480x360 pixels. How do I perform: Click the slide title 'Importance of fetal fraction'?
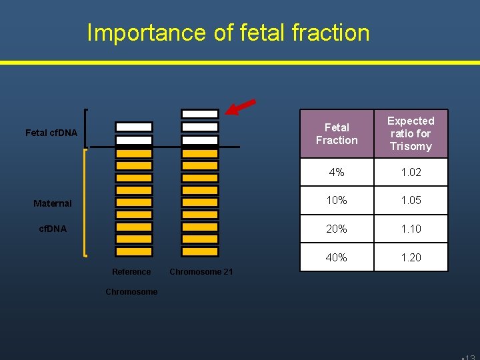pos(228,32)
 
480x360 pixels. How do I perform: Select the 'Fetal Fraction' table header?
pos(337,134)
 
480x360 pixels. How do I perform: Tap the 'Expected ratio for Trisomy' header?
pos(411,133)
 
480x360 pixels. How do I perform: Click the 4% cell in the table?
pos(337,172)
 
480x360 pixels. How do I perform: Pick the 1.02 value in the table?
pos(411,172)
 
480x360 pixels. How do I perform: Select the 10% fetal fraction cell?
pos(337,201)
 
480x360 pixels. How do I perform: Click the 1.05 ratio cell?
pos(411,201)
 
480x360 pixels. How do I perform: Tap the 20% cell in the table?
pos(337,229)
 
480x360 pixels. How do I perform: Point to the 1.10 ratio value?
pos(411,229)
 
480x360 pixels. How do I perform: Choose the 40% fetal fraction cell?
pos(337,257)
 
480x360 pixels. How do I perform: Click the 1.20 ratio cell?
pos(411,257)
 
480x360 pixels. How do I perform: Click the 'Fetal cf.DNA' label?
pos(51,133)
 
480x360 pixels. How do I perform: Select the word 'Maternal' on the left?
pos(53,203)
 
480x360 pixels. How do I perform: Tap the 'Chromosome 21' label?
pos(201,271)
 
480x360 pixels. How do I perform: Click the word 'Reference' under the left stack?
pos(131,271)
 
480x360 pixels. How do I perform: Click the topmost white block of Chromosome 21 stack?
pos(200,114)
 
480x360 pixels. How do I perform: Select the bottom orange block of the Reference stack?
pos(133,252)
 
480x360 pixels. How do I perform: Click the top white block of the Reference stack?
pos(133,127)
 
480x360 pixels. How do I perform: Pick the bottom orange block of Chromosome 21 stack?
pos(200,252)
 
